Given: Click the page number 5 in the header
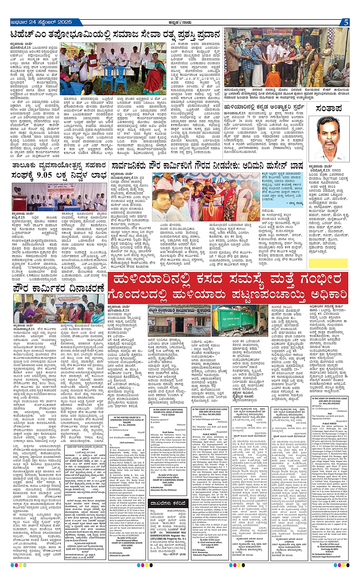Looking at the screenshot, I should click(346, 22).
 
